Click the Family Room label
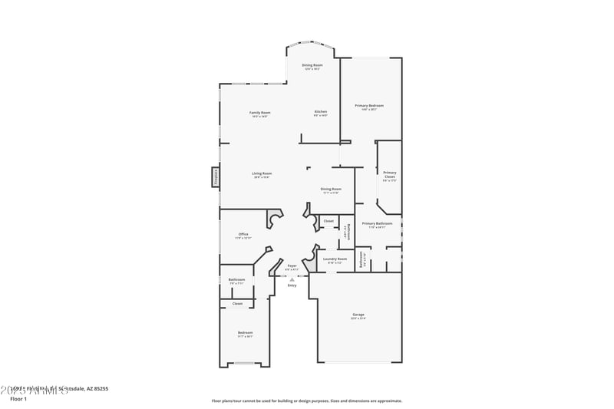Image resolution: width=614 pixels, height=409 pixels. (x=259, y=113)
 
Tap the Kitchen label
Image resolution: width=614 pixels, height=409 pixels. (x=320, y=112)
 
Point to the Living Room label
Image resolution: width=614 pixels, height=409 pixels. (x=262, y=173)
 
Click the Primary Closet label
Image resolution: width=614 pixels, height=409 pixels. (x=389, y=175)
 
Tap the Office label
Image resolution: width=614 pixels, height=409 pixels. (x=243, y=234)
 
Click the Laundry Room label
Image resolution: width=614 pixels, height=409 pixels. (x=335, y=259)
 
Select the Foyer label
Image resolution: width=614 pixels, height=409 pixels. (x=292, y=266)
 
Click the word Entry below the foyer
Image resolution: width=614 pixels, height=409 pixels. (x=292, y=285)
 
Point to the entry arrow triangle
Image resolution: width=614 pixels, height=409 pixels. (x=292, y=279)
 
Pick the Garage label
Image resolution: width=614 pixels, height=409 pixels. (x=358, y=315)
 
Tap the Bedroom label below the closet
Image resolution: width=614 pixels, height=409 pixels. (x=245, y=332)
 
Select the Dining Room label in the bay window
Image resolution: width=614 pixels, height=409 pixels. (x=312, y=66)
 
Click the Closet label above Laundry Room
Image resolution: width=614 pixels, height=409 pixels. (x=328, y=221)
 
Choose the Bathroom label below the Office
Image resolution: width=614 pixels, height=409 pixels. (x=236, y=279)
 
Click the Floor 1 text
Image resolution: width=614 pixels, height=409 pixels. (x=18, y=399)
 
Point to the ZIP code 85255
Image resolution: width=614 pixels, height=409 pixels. (x=99, y=389)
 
